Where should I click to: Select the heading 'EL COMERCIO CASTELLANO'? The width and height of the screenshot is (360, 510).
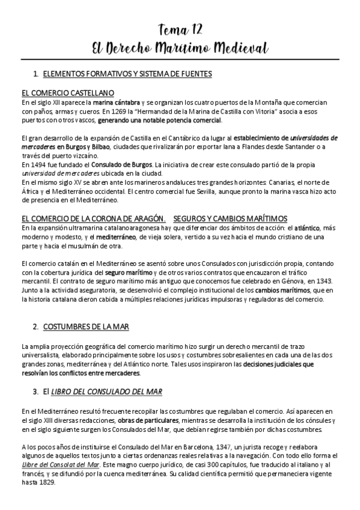tap(67, 93)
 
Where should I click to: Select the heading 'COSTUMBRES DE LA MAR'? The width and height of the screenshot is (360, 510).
tap(86, 327)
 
